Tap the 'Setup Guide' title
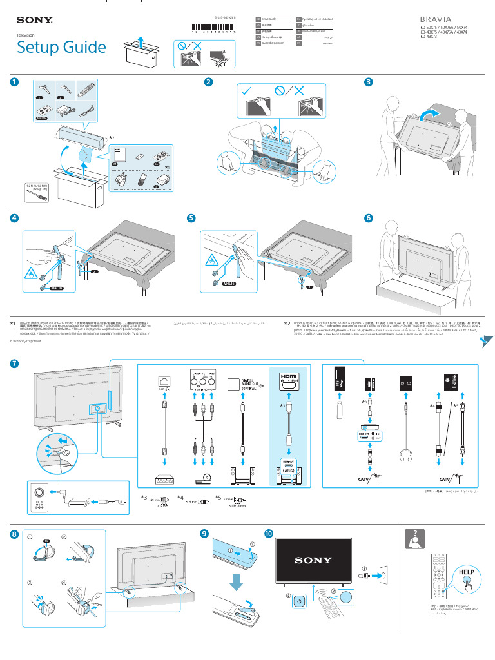click(61, 47)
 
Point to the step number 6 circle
click(368, 218)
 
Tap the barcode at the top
click(213, 29)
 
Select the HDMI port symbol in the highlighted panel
click(288, 380)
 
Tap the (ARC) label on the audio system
click(288, 471)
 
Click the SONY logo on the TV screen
click(313, 560)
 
